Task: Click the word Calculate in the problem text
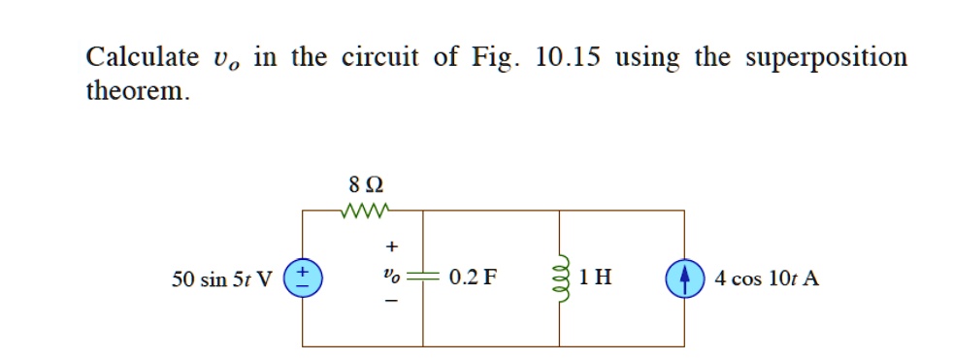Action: (x=140, y=57)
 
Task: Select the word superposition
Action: (x=826, y=59)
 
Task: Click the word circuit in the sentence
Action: (x=379, y=57)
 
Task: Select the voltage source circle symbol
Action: (x=303, y=278)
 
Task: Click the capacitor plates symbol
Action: (x=423, y=278)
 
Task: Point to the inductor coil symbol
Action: (x=560, y=278)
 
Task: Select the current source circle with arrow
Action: (x=684, y=278)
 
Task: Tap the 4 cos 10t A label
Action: (x=767, y=278)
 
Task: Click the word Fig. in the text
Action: (x=494, y=57)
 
